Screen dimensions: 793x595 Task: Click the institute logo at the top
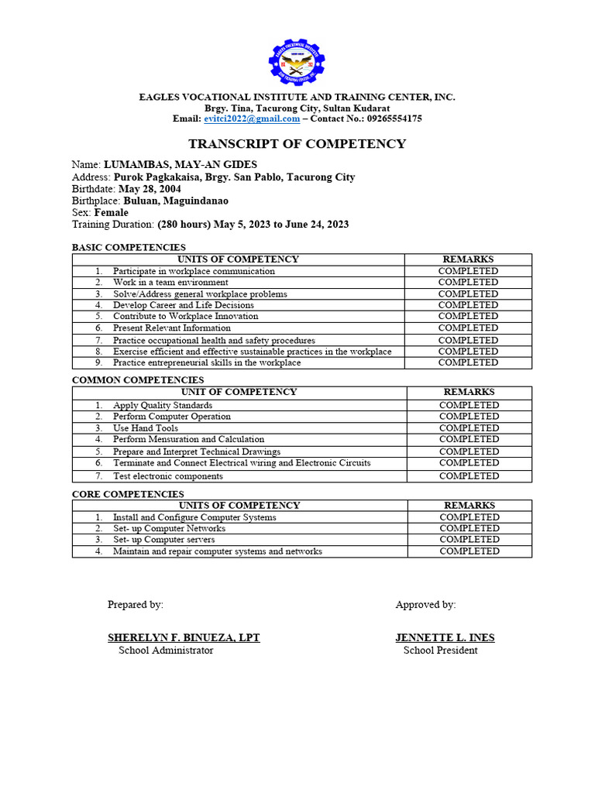pyautogui.click(x=297, y=64)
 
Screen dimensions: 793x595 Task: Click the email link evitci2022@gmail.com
pyautogui.click(x=252, y=118)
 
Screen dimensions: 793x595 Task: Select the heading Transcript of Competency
pyautogui.click(x=297, y=144)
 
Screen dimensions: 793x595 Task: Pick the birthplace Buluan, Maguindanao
pyautogui.click(x=176, y=201)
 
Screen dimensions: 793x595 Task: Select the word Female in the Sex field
pyautogui.click(x=112, y=212)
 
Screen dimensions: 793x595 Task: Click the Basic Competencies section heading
pyautogui.click(x=129, y=247)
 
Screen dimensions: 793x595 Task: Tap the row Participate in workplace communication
pyautogui.click(x=194, y=271)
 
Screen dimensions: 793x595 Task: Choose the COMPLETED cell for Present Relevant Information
pyautogui.click(x=468, y=328)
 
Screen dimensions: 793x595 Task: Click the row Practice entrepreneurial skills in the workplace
pyautogui.click(x=207, y=362)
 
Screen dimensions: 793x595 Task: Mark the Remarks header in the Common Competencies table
pyautogui.click(x=469, y=392)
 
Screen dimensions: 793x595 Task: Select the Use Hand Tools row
pyautogui.click(x=146, y=427)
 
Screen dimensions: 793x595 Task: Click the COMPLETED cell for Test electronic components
pyautogui.click(x=469, y=475)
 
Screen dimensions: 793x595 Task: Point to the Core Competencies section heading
pyautogui.click(x=128, y=493)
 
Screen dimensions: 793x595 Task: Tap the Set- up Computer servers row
pyautogui.click(x=164, y=539)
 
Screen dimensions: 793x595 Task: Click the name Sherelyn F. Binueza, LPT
pyautogui.click(x=184, y=637)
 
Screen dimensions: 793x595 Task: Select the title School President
pyautogui.click(x=440, y=651)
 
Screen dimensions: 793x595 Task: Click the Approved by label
pyautogui.click(x=425, y=605)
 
